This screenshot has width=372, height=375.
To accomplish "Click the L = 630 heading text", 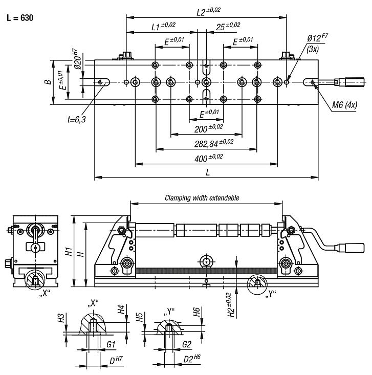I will point(19,18).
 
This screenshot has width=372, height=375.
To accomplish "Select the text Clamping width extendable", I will point(202,197).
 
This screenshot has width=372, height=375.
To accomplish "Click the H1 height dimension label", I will point(67,252).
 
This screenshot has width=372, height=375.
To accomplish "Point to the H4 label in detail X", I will point(121,310).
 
